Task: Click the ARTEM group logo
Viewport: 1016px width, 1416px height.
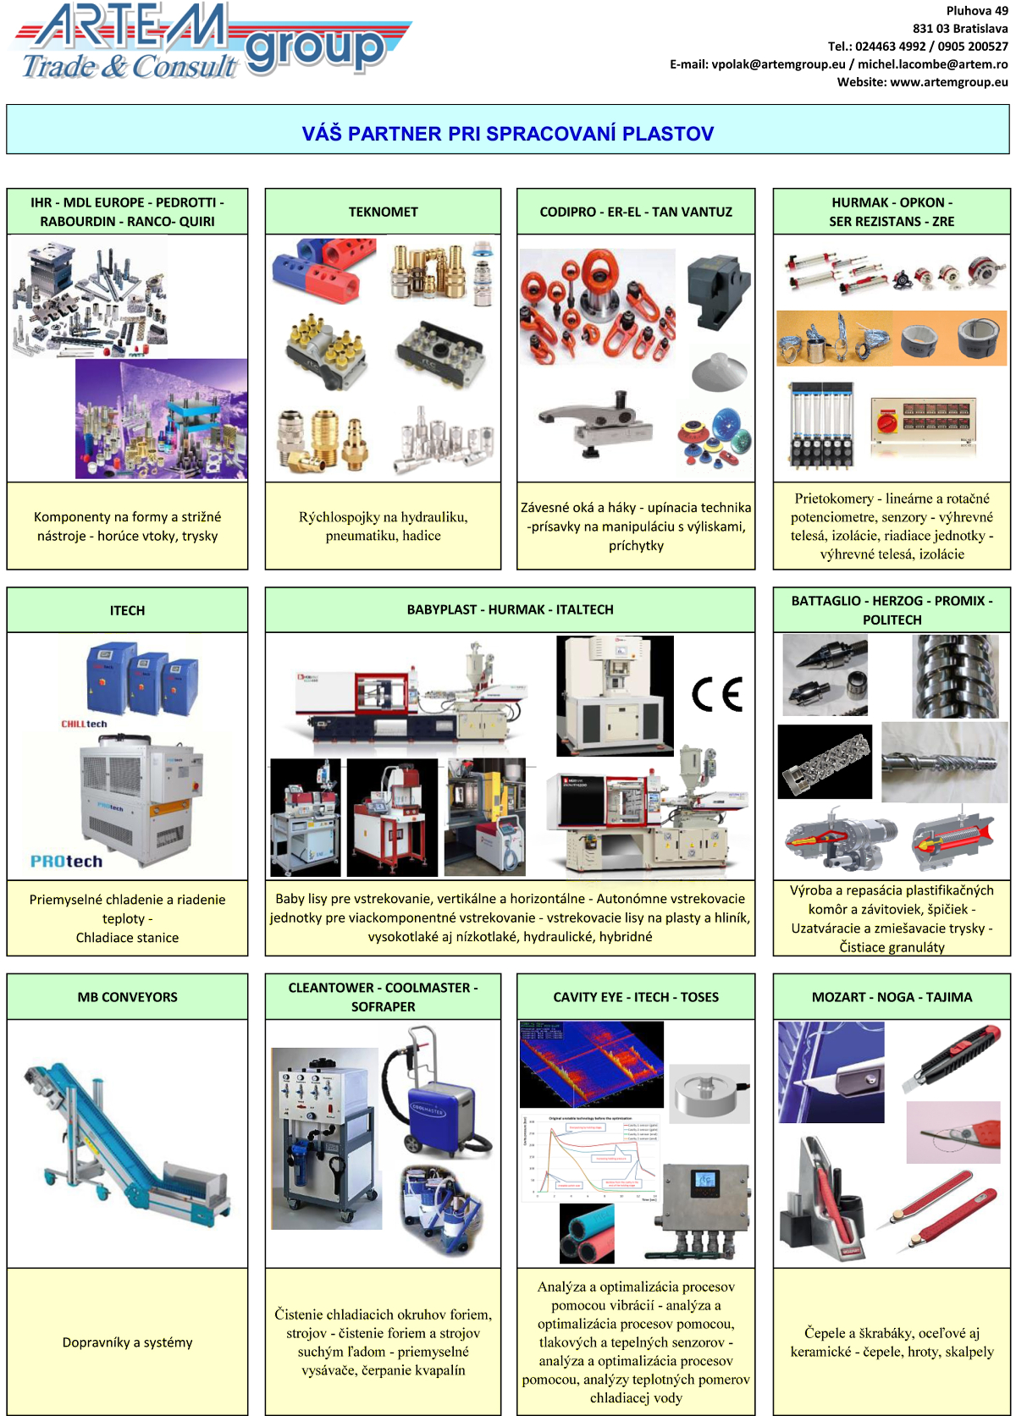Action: coord(212,42)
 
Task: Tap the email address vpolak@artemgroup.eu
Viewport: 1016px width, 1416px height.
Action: coord(778,64)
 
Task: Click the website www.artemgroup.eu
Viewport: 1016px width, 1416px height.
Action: coord(948,82)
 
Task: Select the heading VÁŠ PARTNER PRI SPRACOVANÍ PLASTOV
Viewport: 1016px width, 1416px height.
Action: coord(508,134)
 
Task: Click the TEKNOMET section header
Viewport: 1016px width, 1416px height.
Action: coord(383,212)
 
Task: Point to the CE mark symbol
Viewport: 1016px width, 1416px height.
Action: coord(717,694)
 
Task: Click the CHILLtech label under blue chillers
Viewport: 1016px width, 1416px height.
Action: coord(84,724)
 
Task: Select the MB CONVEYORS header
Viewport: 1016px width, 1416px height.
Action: coord(127,997)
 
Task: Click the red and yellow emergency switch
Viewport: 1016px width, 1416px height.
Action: coord(888,421)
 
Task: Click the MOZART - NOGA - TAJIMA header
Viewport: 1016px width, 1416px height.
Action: coord(892,997)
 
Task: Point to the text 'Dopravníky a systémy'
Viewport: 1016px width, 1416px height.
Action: coord(127,1342)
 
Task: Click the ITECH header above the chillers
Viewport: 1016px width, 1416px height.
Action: coord(127,610)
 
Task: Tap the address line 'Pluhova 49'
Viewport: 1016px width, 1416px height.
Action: coord(976,11)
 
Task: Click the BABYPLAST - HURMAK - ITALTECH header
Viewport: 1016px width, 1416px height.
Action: coord(510,609)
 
